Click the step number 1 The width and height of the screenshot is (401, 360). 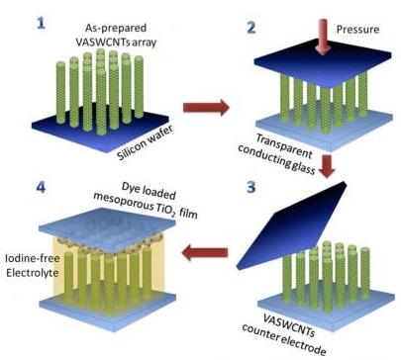tap(41, 24)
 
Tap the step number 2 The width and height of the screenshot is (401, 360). tap(251, 28)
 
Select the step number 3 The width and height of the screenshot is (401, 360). tap(251, 187)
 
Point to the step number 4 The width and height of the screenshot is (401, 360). tap(42, 187)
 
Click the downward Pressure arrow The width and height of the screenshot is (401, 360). tap(323, 37)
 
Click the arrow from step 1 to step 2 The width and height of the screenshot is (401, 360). tap(206, 107)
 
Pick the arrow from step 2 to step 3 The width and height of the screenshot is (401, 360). tap(328, 166)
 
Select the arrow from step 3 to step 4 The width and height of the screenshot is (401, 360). tap(205, 253)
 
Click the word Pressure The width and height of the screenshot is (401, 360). tap(357, 30)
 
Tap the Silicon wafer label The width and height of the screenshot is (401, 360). tap(146, 143)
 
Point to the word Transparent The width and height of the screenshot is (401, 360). tap(284, 146)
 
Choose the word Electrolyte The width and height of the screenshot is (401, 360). tap(32, 273)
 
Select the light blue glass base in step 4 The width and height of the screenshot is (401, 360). tap(108, 308)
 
